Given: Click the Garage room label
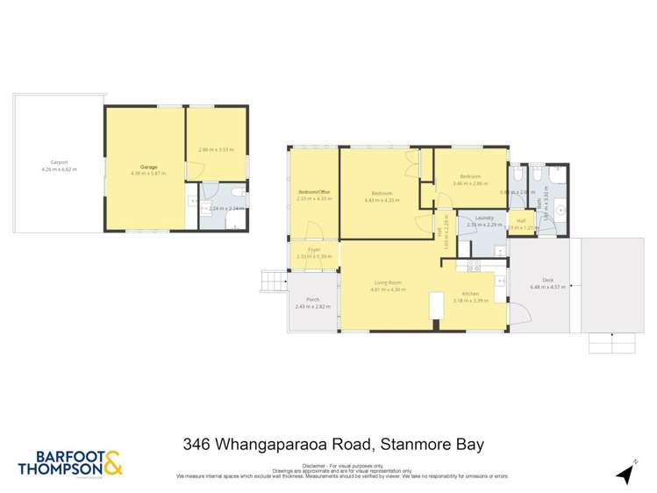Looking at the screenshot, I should pos(145,166).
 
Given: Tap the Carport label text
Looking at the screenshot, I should pos(59,162).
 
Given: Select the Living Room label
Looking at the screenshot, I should pos(387,282).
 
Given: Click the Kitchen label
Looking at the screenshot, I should pos(470,294).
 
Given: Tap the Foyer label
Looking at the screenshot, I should pos(312,250).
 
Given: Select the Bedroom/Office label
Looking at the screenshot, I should pos(312,193).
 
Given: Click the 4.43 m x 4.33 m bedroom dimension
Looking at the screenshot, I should pos(381,200).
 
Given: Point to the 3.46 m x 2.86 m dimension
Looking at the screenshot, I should pos(469,183).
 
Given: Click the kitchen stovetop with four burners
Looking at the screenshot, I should pos(473,264).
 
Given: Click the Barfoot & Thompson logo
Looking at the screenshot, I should pos(70,464).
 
